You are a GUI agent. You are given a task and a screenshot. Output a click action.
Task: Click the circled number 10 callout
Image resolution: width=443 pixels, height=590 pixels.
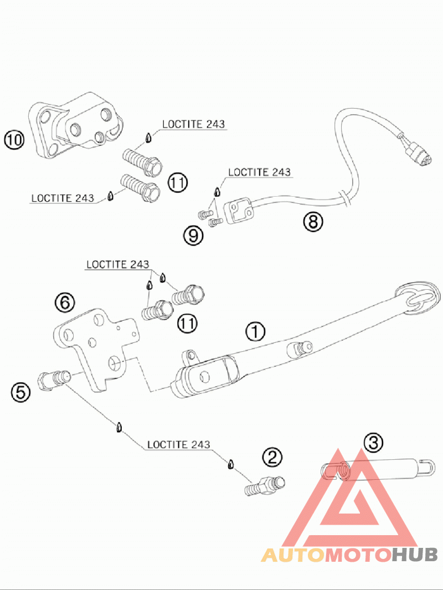coord(14,140)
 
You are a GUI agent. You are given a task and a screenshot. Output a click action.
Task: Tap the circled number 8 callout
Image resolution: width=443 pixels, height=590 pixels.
coord(313,222)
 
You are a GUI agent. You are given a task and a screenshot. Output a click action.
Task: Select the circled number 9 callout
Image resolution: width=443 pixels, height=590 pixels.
coord(193,236)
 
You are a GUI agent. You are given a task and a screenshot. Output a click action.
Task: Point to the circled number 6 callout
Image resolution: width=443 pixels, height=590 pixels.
coord(65,302)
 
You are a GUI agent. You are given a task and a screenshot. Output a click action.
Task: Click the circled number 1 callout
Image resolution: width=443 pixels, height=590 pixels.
coord(255,332)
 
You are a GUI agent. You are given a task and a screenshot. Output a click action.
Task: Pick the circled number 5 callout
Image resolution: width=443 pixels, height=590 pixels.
coord(20,392)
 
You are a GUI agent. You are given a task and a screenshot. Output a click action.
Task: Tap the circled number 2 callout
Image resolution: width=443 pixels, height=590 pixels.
coord(272,457)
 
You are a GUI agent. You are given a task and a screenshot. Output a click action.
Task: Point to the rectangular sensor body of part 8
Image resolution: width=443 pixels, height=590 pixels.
coord(239,211)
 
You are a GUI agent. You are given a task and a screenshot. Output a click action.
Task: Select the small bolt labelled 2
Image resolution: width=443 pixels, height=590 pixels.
coord(265,486)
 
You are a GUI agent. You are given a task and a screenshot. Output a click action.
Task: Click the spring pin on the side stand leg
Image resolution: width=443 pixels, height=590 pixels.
coord(300,348)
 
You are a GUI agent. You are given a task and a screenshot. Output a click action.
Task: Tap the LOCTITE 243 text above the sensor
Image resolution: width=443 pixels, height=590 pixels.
coord(260,172)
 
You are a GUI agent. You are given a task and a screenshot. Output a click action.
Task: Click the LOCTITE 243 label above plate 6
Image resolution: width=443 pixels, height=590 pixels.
coord(118,264)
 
